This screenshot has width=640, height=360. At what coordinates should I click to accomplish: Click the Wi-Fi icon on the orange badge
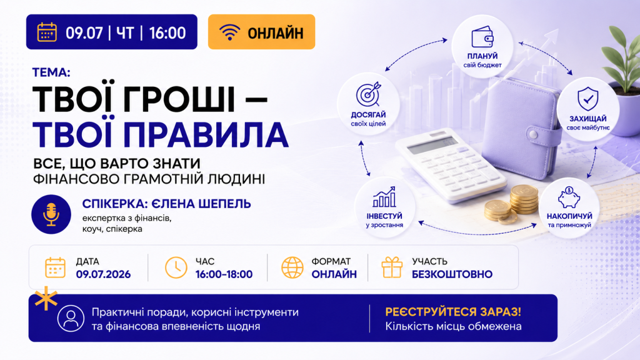coord(229,32)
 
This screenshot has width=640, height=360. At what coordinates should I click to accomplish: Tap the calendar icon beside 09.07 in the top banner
coord(47,32)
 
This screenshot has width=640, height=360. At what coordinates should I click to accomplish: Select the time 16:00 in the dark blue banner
coord(167,32)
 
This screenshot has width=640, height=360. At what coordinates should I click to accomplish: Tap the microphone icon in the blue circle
coord(51,214)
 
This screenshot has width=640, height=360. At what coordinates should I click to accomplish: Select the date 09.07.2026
coord(103,274)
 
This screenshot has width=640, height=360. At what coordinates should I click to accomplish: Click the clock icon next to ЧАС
coord(176,267)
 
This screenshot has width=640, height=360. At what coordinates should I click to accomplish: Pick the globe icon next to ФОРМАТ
coord(292,267)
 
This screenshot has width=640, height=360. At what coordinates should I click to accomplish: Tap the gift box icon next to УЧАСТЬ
coord(392,267)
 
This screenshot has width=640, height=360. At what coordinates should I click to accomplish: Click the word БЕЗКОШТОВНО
coord(452,274)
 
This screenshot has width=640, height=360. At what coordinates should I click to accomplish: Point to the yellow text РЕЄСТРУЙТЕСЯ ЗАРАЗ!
coord(453,312)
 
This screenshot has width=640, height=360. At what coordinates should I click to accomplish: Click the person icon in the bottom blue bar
coord(71,318)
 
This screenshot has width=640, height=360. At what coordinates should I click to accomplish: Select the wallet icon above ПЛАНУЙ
coord(482,37)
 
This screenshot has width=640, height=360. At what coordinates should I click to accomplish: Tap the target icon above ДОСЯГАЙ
coord(369,94)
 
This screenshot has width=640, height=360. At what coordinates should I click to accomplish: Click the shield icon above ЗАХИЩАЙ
coord(587,98)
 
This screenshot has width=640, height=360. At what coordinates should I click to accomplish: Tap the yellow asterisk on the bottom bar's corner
coord(46,298)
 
